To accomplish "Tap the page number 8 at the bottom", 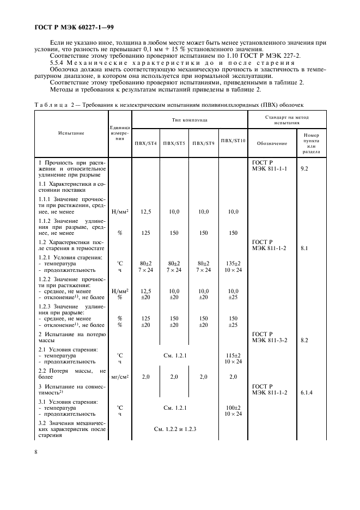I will [36, 451].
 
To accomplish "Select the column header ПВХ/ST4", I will [145, 143].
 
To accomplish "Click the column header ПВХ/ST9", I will [203, 143].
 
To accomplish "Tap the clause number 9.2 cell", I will [305, 169].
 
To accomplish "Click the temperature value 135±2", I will [233, 263].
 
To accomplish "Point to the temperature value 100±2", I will [233, 407].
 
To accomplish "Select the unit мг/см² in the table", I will [120, 377].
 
